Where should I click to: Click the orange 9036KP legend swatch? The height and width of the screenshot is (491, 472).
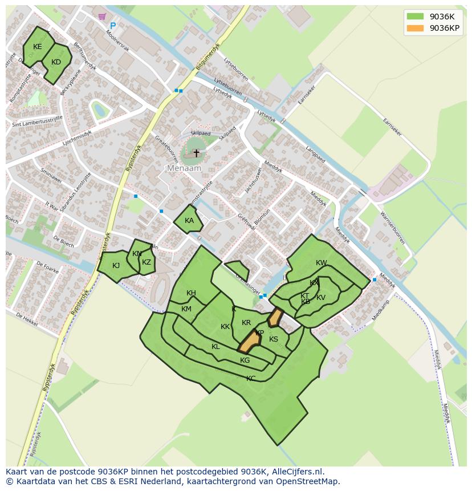[x=415, y=28]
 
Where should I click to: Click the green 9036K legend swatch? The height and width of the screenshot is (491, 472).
[x=415, y=16]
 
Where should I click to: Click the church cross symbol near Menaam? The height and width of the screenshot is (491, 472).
[x=196, y=153]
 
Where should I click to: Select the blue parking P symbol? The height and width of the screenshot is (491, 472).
[x=113, y=26]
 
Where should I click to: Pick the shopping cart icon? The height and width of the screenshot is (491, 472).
[x=102, y=17]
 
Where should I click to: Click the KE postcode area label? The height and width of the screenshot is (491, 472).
[x=38, y=47]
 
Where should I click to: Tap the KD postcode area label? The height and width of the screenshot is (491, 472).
[x=56, y=62]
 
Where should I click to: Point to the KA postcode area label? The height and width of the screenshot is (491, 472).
[x=189, y=221]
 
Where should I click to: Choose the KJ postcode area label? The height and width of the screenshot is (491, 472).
[x=116, y=265]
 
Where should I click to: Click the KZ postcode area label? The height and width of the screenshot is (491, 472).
[x=147, y=262]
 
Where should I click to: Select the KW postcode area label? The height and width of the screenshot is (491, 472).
[x=322, y=263]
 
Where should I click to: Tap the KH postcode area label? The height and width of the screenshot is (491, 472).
[x=191, y=293]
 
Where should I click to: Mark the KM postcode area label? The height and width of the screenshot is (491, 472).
[x=186, y=309]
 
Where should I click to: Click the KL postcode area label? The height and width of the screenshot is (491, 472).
[x=215, y=347]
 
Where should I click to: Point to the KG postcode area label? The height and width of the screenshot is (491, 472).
[x=245, y=360]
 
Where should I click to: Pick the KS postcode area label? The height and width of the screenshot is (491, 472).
[x=274, y=339]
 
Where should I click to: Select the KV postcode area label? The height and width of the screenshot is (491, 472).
[x=321, y=298]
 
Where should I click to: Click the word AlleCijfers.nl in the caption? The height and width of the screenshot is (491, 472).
[x=297, y=472]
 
